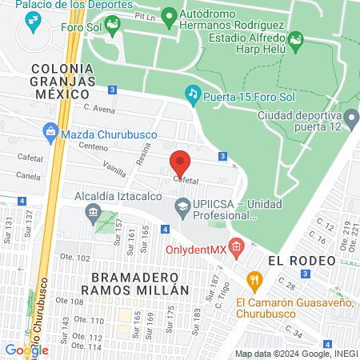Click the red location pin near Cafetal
pos(180,162)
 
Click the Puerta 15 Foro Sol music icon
pos(192,94)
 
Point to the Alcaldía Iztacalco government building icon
pos(92,212)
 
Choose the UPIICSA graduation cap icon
pos(183,208)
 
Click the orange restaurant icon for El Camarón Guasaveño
pos(255,280)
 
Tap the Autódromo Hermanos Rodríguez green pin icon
pos(169,16)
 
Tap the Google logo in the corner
pos(26,350)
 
